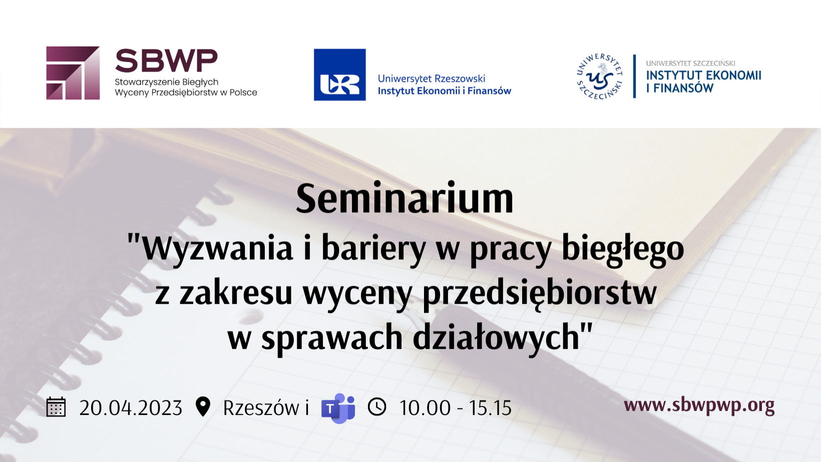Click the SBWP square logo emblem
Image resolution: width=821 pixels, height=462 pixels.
(x=73, y=73)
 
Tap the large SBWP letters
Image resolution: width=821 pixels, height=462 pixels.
(x=166, y=61)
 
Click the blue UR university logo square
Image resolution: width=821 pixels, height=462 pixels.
(x=340, y=75)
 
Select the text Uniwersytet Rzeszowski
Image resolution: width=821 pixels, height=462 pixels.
(x=432, y=79)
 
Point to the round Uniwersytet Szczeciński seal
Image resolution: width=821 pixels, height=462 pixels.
(x=600, y=76)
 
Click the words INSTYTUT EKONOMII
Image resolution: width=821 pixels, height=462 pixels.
(x=704, y=76)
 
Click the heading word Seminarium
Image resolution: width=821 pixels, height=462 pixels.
(x=404, y=199)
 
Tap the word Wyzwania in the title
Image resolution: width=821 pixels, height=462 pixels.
(x=217, y=249)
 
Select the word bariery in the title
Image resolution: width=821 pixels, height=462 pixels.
(x=373, y=249)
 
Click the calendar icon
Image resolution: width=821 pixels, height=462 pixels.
(x=56, y=407)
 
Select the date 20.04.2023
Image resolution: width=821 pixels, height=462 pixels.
(x=131, y=408)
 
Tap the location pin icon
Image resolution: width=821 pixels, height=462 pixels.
(x=203, y=406)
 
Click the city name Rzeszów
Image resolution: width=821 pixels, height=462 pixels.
(x=261, y=408)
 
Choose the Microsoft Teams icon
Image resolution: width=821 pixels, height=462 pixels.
(x=338, y=408)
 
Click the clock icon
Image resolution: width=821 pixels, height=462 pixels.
(x=377, y=407)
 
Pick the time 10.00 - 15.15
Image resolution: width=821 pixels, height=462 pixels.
(x=455, y=408)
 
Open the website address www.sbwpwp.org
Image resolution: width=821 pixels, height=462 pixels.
(x=699, y=405)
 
